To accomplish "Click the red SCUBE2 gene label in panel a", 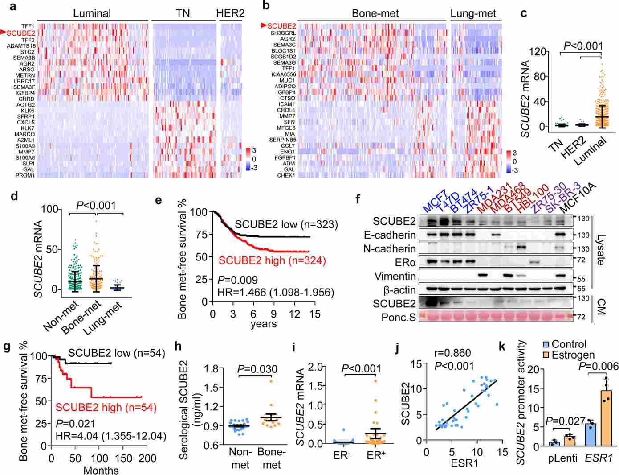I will pos(20,33).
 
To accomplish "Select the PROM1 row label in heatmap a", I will pos(25,176).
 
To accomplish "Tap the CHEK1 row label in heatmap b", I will pos(286,176).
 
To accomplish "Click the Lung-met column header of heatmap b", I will pos(473,14).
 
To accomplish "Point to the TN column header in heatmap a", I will pos(183,14).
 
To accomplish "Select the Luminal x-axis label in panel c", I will pos(590,152).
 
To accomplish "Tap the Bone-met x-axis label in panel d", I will pos(81,317).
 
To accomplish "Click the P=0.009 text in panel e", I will pos(237,280).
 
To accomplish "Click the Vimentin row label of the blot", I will pos(395,277).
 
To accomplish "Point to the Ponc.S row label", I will pos(399,317).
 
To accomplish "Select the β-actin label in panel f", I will pos(399,290).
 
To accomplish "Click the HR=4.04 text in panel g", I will pos(110,436).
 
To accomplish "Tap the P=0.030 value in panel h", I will pos(257,369).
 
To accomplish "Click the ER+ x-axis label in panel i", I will pos(376,455).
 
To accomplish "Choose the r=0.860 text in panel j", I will pos(452,354).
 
